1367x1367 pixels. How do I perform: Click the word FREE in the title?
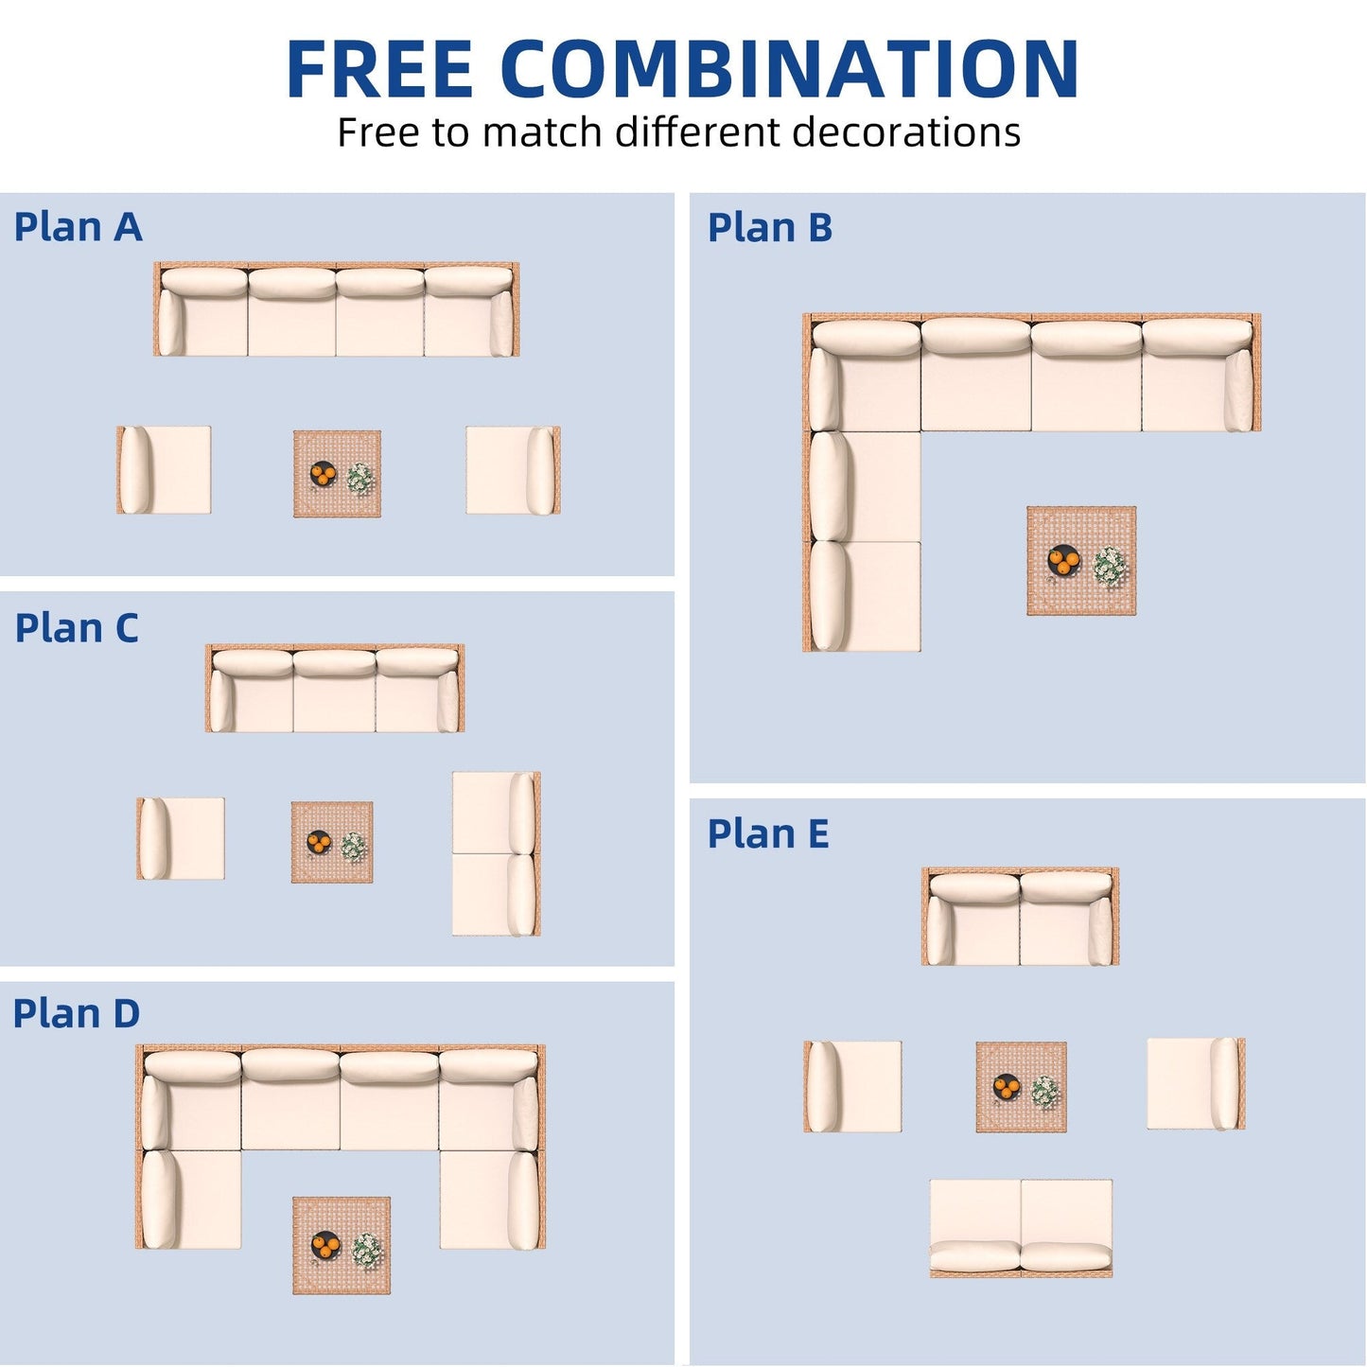pos(378,69)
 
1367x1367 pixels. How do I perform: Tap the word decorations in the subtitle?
pos(905,132)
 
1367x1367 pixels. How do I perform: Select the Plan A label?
pos(78,227)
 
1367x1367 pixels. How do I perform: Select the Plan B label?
pos(769,228)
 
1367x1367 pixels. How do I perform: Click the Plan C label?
pos(77,628)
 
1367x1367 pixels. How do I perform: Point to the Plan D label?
pos(77,1013)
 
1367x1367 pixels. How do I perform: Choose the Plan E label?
pos(768,834)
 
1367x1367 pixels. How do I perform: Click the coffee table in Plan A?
pos(337,474)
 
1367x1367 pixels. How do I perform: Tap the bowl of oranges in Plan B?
pos(1063,561)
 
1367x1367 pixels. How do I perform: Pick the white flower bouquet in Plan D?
pos(367,1251)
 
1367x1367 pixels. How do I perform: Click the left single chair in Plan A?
pos(164,470)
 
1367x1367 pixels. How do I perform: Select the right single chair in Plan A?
pos(513,470)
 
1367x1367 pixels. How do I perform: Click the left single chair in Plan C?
pos(181,838)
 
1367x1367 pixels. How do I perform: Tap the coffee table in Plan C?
pos(332,842)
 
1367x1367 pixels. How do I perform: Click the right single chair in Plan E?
pos(1196,1084)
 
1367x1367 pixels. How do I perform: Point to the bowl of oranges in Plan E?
pos(1007,1087)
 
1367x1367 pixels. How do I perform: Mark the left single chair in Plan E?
pos(852,1086)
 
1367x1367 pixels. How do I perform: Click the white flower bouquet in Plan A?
pos(359,478)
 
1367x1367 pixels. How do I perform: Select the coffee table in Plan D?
pos(342,1245)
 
